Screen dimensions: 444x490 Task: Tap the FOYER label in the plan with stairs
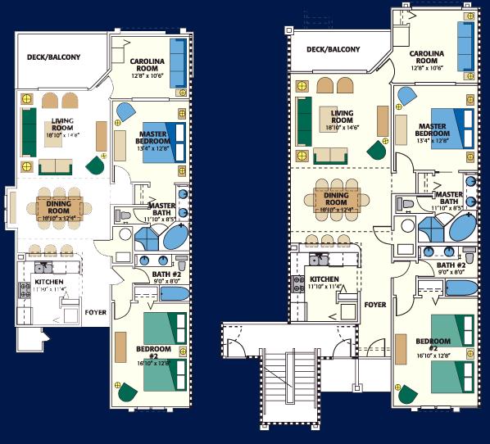tap(374, 304)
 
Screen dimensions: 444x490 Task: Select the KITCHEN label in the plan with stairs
tap(324, 279)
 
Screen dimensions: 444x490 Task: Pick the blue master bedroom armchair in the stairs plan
tap(407, 97)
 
